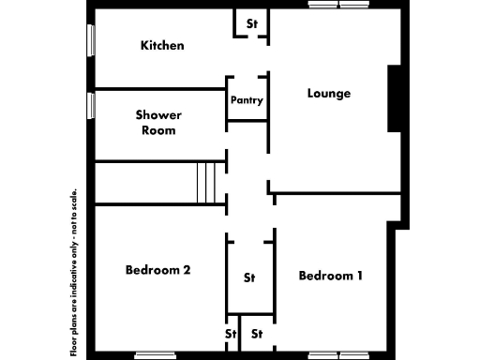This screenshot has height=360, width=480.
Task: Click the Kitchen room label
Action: click(161, 45)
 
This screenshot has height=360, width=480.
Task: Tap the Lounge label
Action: click(329, 93)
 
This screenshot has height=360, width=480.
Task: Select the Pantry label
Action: click(247, 100)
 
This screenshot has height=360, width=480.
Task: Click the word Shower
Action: click(158, 114)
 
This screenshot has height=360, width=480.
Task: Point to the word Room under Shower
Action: click(158, 130)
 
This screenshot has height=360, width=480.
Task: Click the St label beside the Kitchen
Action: click(251, 22)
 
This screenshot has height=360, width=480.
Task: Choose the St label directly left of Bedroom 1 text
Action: click(249, 277)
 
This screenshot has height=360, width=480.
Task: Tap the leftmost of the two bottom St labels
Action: click(230, 333)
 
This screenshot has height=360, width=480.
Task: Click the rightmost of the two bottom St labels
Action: click(256, 333)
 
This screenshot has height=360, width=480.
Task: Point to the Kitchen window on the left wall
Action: click(91, 41)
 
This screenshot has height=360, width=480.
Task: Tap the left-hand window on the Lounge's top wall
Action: click(322, 5)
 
